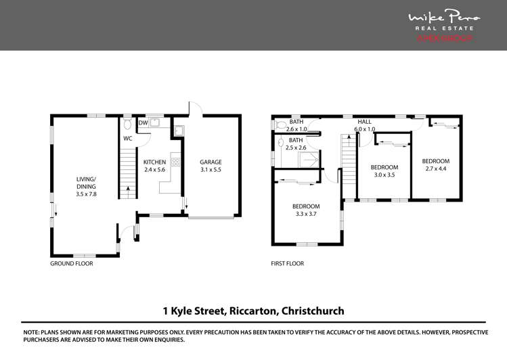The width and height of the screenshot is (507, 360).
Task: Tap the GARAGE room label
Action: [x=211, y=162]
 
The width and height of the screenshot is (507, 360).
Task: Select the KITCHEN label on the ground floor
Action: [x=154, y=162]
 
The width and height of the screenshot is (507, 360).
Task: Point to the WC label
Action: [x=127, y=138]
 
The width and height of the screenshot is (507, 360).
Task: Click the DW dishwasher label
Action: [x=142, y=123]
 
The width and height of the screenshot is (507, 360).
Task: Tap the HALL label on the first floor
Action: [x=365, y=122]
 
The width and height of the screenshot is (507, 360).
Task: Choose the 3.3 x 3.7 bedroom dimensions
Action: [x=306, y=215]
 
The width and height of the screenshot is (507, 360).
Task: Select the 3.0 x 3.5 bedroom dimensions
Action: [x=384, y=175]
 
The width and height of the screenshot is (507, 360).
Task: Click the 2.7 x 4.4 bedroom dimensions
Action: [x=436, y=168]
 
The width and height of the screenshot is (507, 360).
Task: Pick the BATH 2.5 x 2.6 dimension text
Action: [x=296, y=148]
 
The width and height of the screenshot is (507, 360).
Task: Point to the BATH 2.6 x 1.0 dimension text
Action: [x=296, y=129]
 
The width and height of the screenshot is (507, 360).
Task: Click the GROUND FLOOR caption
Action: [x=71, y=264]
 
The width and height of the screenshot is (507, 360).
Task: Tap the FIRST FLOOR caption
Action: [x=287, y=264]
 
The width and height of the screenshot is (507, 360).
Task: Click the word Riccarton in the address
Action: [x=255, y=311]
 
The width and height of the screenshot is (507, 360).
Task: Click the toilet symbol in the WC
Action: [x=127, y=125]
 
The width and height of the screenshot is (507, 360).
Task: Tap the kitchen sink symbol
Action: [x=154, y=122]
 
